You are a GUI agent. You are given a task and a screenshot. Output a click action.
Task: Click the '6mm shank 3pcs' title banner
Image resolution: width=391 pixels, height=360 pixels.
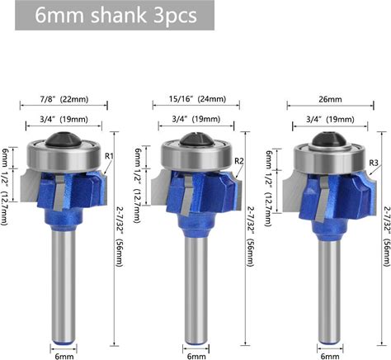tap(115, 15)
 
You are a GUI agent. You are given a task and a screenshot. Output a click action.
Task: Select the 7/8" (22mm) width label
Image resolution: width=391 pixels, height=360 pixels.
tap(64, 99)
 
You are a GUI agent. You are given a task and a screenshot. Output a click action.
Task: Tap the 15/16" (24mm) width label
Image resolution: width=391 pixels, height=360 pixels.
tap(197, 98)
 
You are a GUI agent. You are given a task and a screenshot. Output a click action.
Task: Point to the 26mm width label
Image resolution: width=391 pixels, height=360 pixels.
tap(330, 99)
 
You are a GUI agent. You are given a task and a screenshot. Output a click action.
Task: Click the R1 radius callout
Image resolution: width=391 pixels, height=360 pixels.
tap(109, 156)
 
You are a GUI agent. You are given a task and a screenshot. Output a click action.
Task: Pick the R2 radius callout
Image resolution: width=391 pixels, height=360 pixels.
tap(239, 161)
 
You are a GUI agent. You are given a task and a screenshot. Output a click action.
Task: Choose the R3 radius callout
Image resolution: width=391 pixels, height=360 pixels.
tap(374, 163)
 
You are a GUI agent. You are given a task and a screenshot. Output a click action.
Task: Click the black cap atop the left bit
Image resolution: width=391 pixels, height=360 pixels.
tap(63, 139)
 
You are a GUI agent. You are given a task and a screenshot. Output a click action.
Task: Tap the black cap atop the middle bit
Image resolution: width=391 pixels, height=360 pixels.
tap(196, 140)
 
